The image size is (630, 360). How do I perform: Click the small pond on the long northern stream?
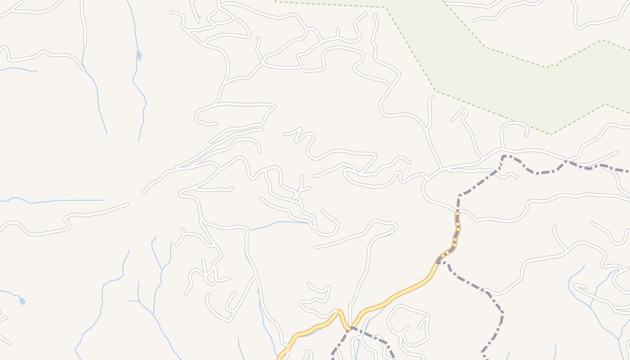click(139, 55)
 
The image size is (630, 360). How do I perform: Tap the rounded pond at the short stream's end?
click(22, 301)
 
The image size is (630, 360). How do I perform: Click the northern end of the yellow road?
click(457, 215)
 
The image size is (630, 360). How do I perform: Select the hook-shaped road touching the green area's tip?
click(513, 128)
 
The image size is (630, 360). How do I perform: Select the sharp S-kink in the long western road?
click(67, 223)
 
